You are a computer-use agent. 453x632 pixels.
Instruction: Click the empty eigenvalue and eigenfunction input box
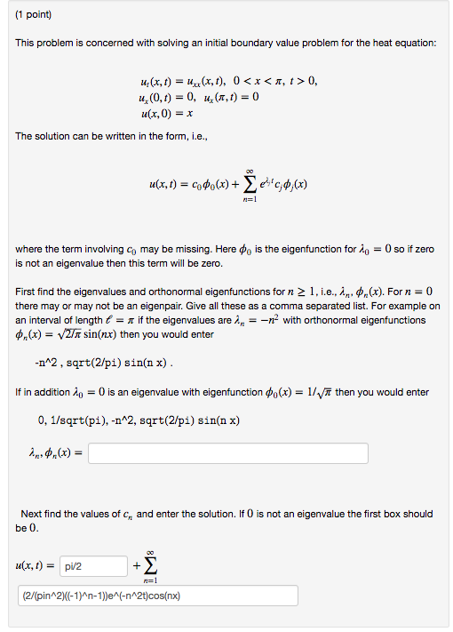point(228,453)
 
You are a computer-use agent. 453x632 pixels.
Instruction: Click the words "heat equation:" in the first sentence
point(403,44)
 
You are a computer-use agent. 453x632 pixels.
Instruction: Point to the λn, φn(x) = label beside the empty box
point(50,453)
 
